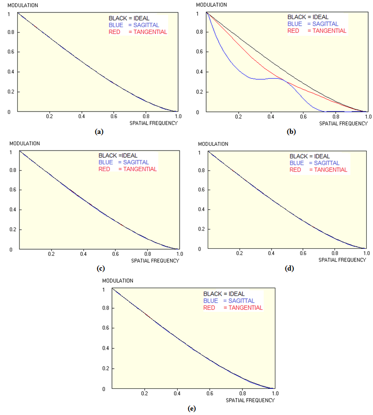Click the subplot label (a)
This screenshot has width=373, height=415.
99,132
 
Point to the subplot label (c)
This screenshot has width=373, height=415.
101,269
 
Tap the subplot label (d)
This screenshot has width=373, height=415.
289,269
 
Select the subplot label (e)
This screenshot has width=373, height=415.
192,408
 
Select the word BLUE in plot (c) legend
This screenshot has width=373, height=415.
106,162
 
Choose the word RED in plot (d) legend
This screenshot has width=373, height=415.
295,170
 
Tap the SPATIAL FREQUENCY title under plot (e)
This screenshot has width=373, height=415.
250,400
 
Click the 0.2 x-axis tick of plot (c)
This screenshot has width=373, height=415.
51,254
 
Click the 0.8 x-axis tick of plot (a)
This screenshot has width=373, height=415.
146,116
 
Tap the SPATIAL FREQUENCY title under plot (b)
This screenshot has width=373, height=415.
343,123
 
